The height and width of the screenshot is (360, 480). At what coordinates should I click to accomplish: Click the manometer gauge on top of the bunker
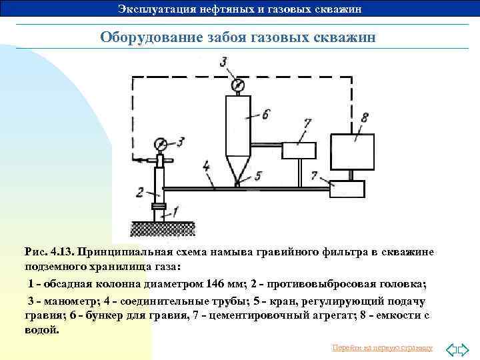[x=236, y=86]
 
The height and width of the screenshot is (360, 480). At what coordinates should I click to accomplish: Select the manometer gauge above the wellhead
[x=160, y=143]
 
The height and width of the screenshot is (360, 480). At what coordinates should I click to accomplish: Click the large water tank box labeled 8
[x=352, y=151]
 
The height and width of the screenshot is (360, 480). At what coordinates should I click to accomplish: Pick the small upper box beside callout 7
[x=298, y=151]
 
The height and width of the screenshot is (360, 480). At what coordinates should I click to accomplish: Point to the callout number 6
[x=265, y=115]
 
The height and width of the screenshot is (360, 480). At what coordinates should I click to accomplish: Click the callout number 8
[x=363, y=118]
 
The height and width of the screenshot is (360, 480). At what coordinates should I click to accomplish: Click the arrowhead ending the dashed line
[x=135, y=159]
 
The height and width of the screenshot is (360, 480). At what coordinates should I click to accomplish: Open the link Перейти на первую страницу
[x=382, y=348]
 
